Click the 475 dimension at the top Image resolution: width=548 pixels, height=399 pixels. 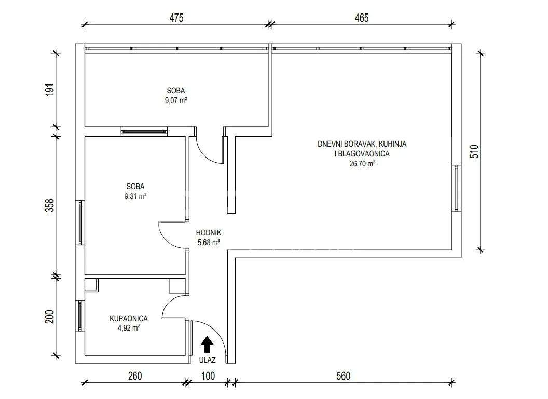tap(176, 18)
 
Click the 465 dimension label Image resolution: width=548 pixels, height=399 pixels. tap(362, 18)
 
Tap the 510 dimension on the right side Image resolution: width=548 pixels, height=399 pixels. tap(474, 151)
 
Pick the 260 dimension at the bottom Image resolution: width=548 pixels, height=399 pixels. tap(135, 376)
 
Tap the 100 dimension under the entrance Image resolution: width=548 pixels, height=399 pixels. tap(208, 376)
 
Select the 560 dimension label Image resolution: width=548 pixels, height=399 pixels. tap(343, 376)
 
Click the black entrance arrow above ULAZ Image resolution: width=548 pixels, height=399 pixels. tap(207, 345)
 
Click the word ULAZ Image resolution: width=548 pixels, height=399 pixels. tap(207, 360)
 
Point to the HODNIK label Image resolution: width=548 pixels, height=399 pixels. tap(208, 233)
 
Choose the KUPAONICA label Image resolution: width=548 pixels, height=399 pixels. tap(129, 318)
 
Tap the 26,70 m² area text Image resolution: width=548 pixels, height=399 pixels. tap(362, 163)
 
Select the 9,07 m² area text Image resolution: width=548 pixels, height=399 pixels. tap(176, 101)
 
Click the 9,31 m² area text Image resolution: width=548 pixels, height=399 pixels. tap(135, 196)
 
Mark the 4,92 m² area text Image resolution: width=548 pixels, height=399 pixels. tap(129, 328)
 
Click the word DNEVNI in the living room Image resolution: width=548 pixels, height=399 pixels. tap(330, 144)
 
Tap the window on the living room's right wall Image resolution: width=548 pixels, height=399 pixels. tap(457, 188)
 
